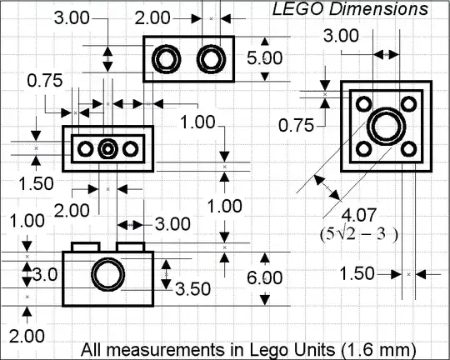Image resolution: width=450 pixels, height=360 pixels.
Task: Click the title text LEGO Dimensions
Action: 350,9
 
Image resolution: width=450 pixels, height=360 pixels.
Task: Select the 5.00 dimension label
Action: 265,58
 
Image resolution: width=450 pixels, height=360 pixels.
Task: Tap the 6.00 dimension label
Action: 265,277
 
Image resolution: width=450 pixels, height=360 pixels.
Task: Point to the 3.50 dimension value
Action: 192,289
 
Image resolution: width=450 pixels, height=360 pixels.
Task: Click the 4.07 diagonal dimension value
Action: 358,215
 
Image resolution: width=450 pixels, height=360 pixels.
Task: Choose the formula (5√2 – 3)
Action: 358,234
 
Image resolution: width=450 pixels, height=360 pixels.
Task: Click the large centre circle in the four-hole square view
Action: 387,127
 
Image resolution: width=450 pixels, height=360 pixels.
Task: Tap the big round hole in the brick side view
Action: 107,274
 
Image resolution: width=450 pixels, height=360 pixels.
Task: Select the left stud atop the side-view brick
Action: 86,247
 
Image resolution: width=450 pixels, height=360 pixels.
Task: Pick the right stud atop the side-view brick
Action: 130,247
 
